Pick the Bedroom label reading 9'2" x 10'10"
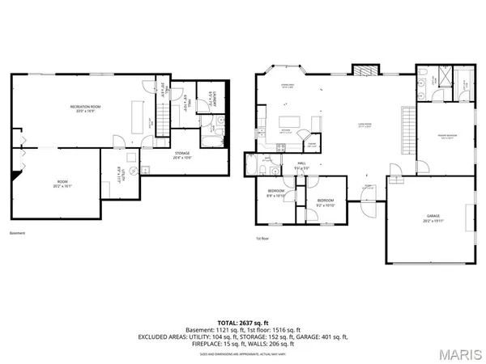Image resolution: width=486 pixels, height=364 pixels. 326,201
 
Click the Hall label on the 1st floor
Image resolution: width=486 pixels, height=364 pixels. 300,166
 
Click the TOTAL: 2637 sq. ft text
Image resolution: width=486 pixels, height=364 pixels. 242,322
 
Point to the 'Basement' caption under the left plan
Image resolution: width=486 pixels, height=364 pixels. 18,233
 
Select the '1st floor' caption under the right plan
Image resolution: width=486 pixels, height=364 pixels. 262,239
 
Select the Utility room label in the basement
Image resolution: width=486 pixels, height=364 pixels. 109,174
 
